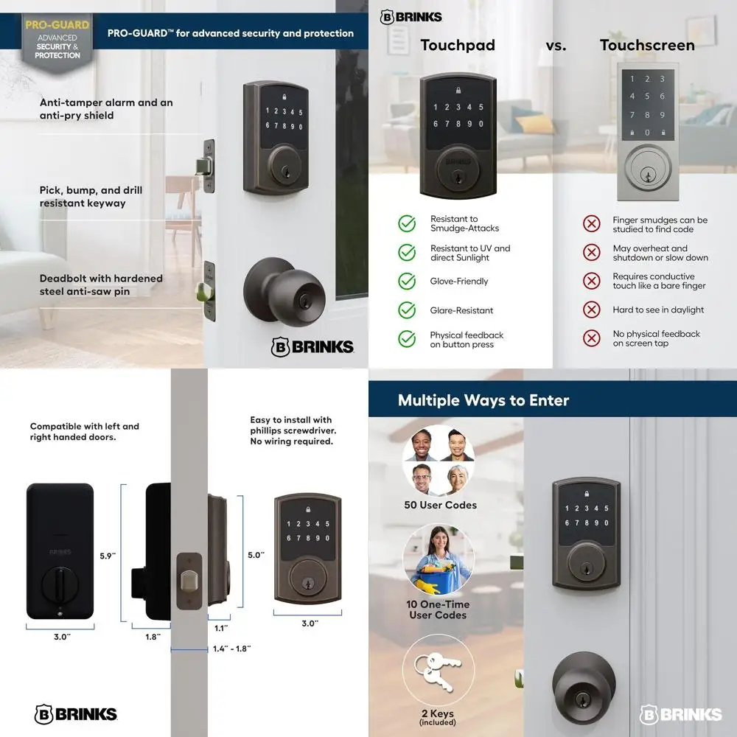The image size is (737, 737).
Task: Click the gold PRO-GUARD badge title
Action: click(x=57, y=24)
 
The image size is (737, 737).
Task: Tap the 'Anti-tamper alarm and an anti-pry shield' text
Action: click(x=106, y=109)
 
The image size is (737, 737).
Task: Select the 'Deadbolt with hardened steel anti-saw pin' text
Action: click(x=101, y=284)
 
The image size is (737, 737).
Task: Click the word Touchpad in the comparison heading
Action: click(x=458, y=45)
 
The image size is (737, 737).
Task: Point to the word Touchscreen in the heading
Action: click(x=647, y=45)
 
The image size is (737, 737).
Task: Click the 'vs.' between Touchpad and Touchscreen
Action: click(x=556, y=45)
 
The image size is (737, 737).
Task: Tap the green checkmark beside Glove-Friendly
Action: click(x=407, y=282)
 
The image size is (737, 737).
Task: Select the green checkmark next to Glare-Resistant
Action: click(x=407, y=310)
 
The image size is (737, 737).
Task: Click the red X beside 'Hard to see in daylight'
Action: click(x=591, y=310)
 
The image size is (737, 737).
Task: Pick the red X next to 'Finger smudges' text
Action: click(x=591, y=224)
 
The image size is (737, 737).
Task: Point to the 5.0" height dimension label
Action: click(x=256, y=555)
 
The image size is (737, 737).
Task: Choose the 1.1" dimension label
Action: click(x=220, y=628)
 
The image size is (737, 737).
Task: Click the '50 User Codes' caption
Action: click(x=440, y=505)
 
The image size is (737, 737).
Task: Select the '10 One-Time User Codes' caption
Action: click(x=439, y=609)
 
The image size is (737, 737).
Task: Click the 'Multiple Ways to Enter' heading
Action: click(x=483, y=400)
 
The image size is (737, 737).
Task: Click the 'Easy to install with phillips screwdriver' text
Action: click(x=291, y=431)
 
